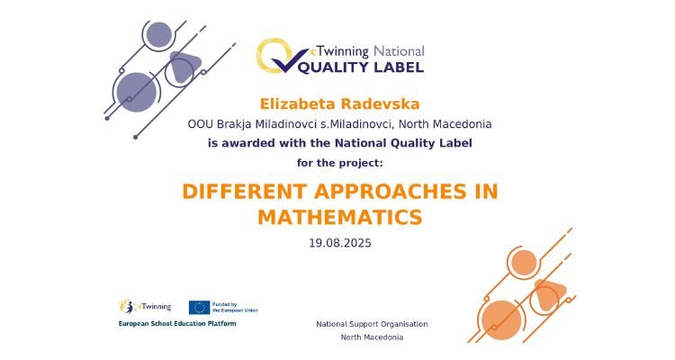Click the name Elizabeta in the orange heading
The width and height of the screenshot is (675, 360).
298,104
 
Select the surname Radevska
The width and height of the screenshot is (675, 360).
380,104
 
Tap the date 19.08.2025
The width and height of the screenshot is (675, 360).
340,243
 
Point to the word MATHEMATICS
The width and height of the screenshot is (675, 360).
340,217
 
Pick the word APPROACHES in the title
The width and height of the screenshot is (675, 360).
391,192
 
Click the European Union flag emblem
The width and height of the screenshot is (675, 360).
199,308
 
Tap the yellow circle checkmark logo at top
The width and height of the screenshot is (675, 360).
275,56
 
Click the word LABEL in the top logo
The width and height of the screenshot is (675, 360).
399,67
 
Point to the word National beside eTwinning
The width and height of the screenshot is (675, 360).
399,51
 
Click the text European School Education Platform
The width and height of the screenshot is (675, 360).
177,323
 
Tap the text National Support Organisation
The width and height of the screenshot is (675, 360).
372,324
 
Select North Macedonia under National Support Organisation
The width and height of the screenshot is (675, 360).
372,337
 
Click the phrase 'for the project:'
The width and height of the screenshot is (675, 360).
339,163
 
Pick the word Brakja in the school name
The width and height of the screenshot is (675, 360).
234,124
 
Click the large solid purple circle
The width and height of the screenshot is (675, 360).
137,92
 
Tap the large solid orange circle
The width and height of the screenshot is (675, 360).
501,320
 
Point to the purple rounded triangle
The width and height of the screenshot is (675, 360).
184,67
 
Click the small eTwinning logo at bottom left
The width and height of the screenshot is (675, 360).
145,307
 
